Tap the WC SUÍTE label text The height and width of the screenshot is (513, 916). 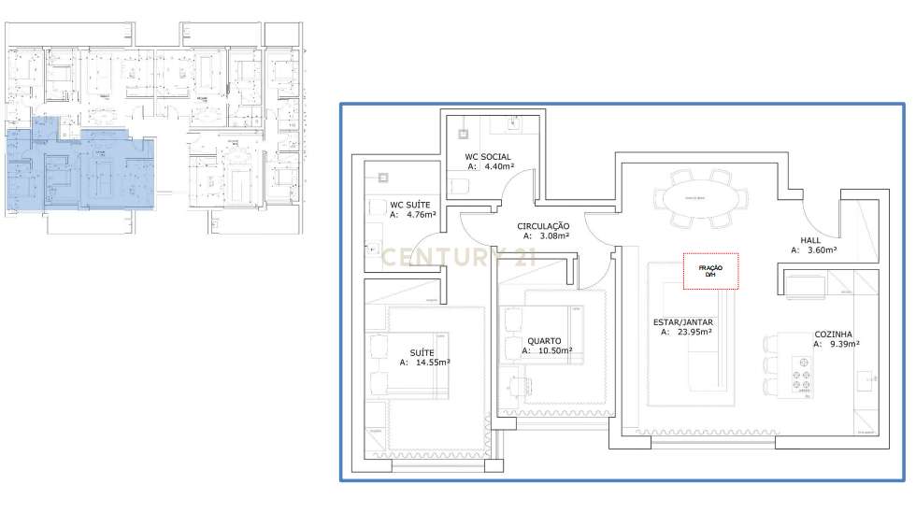pyautogui.click(x=410, y=204)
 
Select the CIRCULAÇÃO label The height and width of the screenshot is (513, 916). pyautogui.click(x=543, y=226)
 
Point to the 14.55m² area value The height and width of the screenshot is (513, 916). pyautogui.click(x=433, y=362)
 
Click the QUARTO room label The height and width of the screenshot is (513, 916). pyautogui.click(x=543, y=340)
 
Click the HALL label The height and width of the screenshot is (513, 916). pyautogui.click(x=811, y=239)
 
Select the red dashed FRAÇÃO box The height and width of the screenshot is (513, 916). pyautogui.click(x=710, y=271)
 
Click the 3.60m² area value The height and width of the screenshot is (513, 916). pyautogui.click(x=821, y=250)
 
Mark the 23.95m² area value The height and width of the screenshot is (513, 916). pyautogui.click(x=693, y=332)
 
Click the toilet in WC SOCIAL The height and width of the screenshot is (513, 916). pyautogui.click(x=459, y=185)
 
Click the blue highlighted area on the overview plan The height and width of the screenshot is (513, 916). pyautogui.click(x=75, y=173)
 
